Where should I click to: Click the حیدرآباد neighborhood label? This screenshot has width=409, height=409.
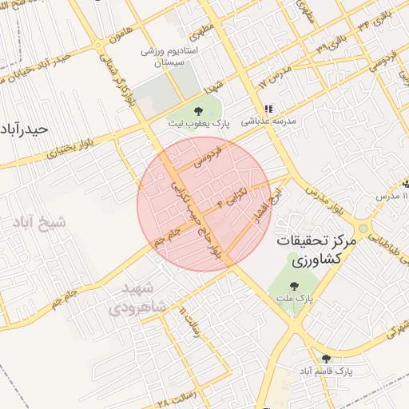click(x=25, y=128)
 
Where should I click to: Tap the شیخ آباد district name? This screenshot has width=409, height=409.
click(x=35, y=221)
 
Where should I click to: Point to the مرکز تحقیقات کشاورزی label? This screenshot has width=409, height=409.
click(x=316, y=249)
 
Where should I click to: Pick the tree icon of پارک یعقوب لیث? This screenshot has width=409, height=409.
click(x=198, y=111)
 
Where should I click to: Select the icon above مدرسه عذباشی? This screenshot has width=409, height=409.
click(x=268, y=109)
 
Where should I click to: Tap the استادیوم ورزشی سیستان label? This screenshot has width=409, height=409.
click(x=164, y=56)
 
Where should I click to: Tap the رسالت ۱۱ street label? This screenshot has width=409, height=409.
click(x=189, y=319)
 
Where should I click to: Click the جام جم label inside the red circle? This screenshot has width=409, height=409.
click(x=170, y=237)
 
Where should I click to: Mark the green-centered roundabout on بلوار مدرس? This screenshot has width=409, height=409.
click(x=363, y=228)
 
